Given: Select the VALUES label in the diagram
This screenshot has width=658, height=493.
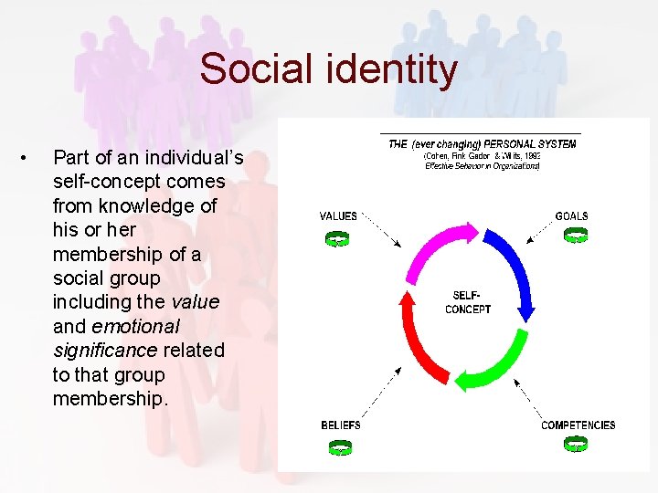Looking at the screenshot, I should point(338,216).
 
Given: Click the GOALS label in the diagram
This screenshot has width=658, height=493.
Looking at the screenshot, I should point(572,216).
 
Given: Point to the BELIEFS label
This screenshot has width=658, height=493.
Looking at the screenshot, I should point(341,425).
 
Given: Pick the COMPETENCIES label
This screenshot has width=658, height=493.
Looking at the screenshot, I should point(578,425).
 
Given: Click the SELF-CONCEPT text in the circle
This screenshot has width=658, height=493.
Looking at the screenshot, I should point(468,302).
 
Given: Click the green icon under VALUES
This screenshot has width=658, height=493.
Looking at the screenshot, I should point(338,239).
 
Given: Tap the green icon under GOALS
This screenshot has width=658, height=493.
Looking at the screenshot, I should point(576,236).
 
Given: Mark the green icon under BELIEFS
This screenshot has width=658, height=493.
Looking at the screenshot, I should point(340,447).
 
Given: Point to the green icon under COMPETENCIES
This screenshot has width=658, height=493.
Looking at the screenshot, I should point(576,444).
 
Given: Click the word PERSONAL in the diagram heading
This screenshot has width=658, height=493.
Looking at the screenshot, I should point(518,144).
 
